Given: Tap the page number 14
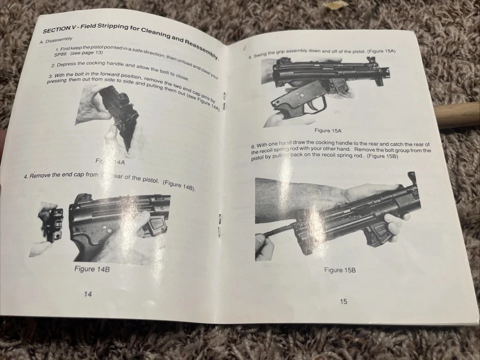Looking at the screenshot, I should (x=87, y=294).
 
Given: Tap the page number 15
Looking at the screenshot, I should (x=343, y=301).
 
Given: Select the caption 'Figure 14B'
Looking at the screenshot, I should (x=92, y=269).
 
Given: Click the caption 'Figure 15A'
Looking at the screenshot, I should (x=328, y=130).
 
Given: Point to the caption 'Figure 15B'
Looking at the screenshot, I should (x=339, y=270).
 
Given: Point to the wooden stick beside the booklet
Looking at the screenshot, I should (x=457, y=115).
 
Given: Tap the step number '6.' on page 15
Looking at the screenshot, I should (x=253, y=146).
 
